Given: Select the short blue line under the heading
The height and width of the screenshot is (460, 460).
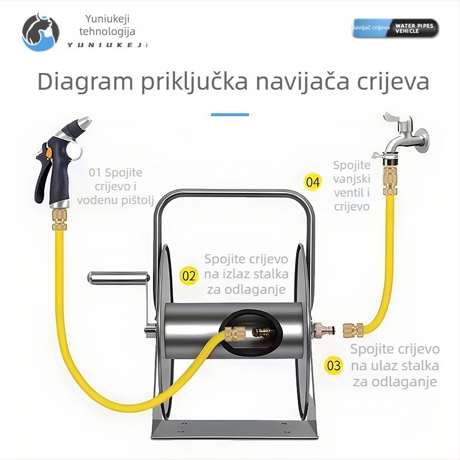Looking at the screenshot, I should (229, 114).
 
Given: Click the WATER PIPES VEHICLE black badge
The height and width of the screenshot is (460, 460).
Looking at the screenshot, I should (415, 28).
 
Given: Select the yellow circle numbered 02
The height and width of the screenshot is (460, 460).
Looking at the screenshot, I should (189, 275).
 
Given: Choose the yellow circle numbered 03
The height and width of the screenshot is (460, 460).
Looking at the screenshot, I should (333, 365).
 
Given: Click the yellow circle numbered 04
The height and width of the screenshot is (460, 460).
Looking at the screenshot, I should (313, 183).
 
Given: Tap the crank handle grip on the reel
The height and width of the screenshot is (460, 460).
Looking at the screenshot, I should (112, 280).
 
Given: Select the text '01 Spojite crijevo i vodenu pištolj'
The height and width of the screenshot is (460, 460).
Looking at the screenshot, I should (116, 186).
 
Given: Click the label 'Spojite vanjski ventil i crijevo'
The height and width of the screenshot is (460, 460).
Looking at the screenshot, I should (351, 186).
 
